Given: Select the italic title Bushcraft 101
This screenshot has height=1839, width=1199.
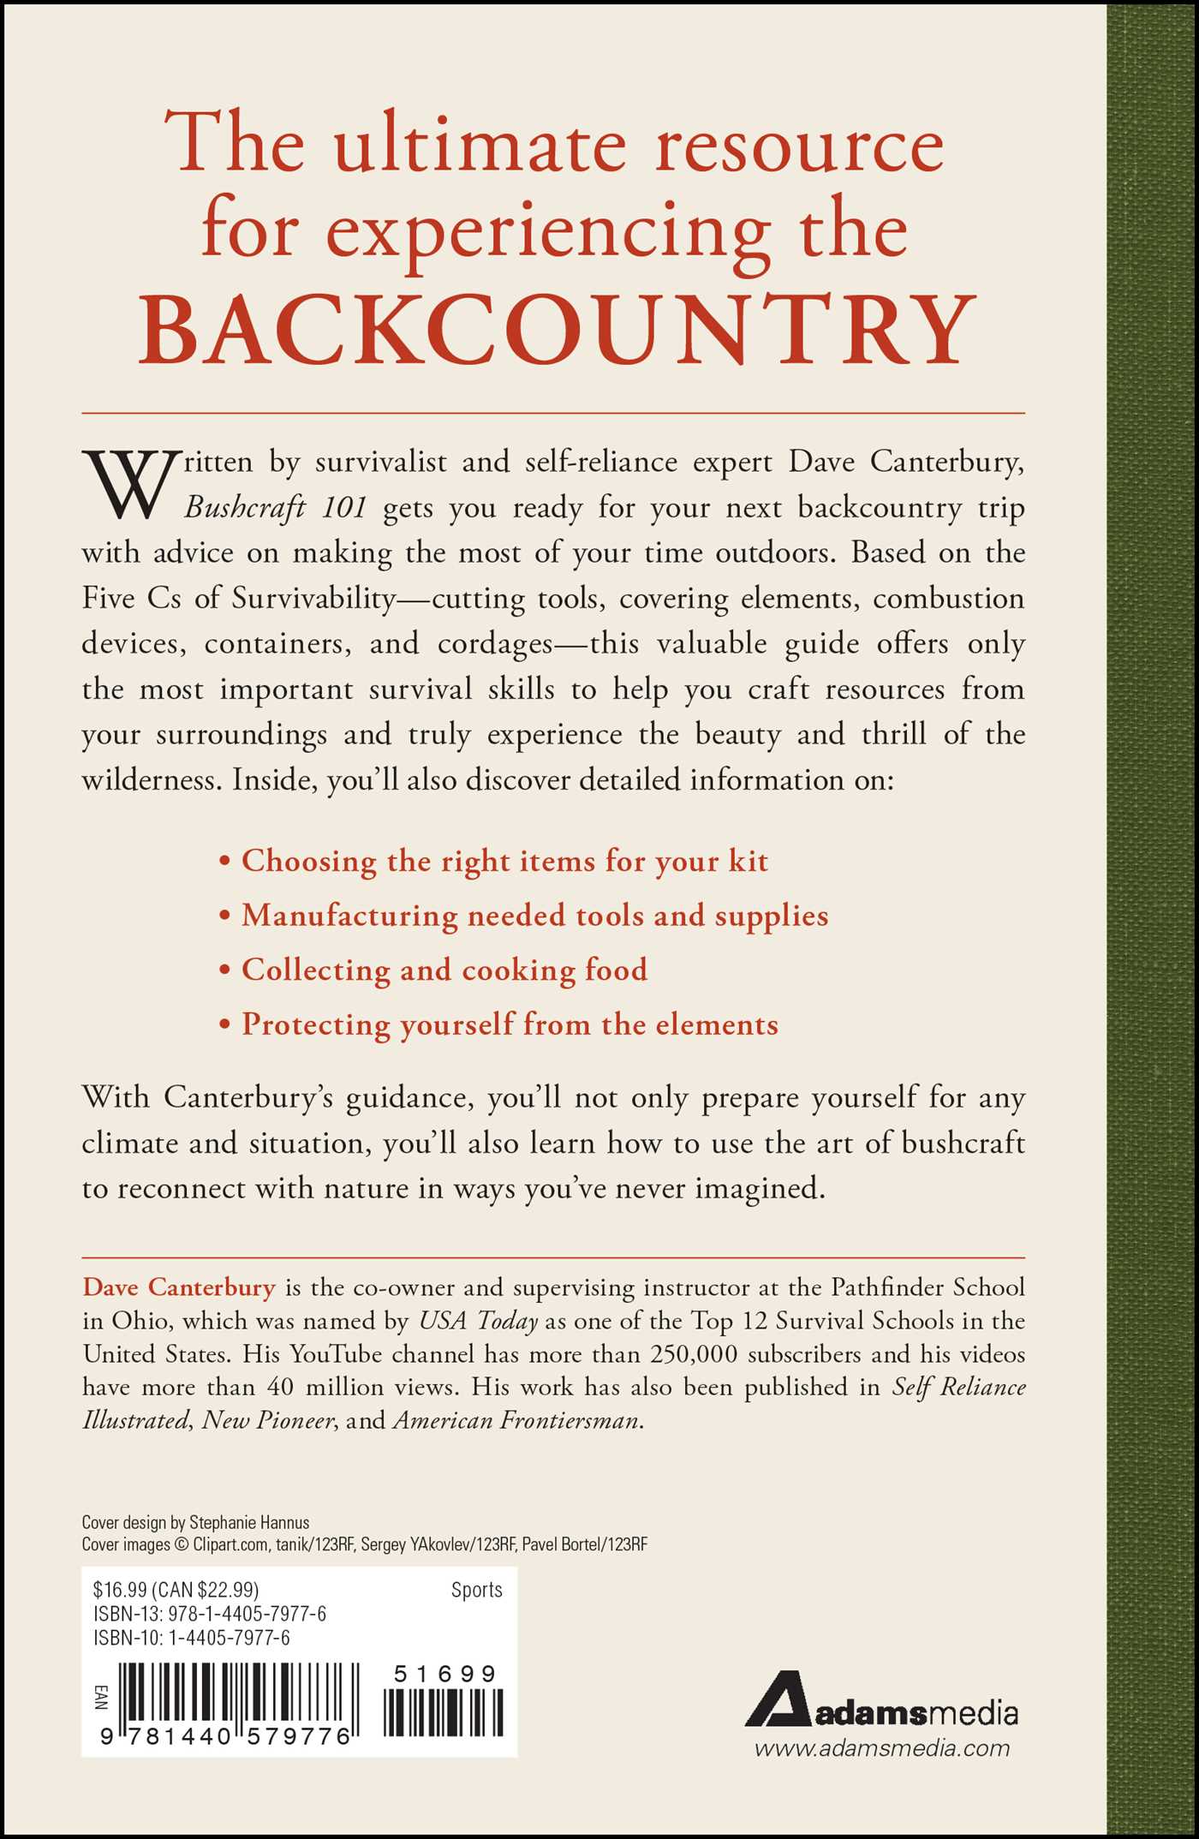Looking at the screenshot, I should (x=276, y=508).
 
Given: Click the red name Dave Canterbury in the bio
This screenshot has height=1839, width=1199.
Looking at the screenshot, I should (x=179, y=1287).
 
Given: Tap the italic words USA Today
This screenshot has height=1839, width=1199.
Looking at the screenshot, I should (x=478, y=1321).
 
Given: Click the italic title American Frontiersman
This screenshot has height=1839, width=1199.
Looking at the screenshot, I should (x=516, y=1421).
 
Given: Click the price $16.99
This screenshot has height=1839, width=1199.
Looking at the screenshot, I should (x=120, y=1590).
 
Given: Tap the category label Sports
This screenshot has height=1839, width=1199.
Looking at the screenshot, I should (x=476, y=1590).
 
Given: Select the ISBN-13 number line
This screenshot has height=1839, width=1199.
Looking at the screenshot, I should (x=210, y=1614).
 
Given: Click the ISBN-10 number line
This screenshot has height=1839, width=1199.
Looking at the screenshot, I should (x=192, y=1638).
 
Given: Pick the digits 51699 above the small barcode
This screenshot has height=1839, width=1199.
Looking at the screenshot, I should (x=444, y=1674).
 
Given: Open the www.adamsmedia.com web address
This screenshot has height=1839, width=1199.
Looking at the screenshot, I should (x=881, y=1748).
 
